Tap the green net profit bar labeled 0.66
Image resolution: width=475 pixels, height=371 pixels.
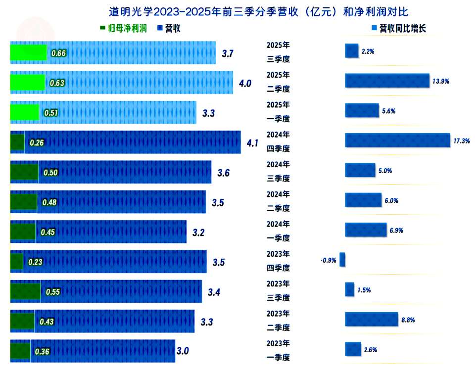click(29, 53)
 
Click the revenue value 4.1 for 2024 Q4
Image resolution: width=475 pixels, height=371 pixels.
click(252, 143)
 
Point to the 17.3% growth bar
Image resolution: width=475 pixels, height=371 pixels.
click(398, 140)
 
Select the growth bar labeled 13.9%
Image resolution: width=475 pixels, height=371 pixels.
click(387, 81)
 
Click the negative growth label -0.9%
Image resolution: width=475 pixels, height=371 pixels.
click(329, 260)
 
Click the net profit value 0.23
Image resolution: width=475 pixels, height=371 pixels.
click(35, 262)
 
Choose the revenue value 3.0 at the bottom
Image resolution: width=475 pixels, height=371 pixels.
click(183, 351)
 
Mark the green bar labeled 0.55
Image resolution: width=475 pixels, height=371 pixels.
click(25, 292)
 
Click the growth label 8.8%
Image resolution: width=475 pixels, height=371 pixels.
click(408, 320)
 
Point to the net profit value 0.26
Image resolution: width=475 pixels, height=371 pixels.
click(37, 143)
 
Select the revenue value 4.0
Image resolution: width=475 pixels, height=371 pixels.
click(245, 84)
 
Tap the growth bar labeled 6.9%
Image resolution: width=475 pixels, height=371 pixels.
click(366, 230)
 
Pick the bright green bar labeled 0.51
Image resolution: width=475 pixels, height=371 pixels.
click(25, 113)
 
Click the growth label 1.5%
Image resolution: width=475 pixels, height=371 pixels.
click(364, 290)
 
